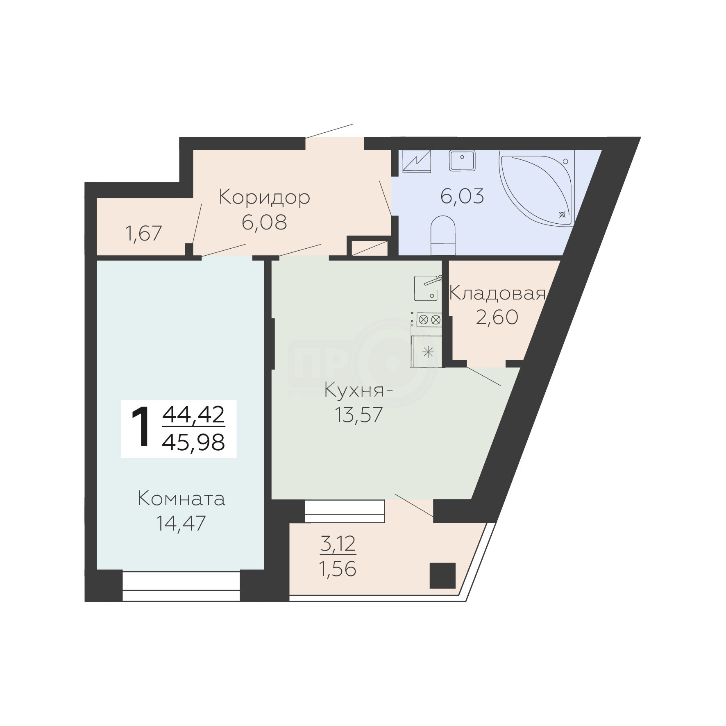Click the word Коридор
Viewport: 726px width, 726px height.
pyautogui.click(x=265, y=197)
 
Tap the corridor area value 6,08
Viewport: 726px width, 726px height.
pyautogui.click(x=264, y=223)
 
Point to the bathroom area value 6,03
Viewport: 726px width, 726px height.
pyautogui.click(x=462, y=196)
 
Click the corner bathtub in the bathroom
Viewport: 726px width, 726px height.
pyautogui.click(x=537, y=188)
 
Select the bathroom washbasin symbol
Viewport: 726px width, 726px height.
pyautogui.click(x=462, y=160)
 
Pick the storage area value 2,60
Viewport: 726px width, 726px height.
pyautogui.click(x=497, y=318)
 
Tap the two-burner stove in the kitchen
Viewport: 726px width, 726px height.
pyautogui.click(x=429, y=320)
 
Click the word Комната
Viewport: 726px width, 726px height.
pyautogui.click(x=181, y=499)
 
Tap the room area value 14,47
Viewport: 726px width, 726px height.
pyautogui.click(x=181, y=523)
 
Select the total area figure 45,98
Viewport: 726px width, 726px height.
pyautogui.click(x=194, y=442)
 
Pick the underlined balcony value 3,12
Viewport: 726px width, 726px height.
pyautogui.click(x=338, y=544)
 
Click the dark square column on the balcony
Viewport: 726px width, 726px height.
pyautogui.click(x=442, y=576)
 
